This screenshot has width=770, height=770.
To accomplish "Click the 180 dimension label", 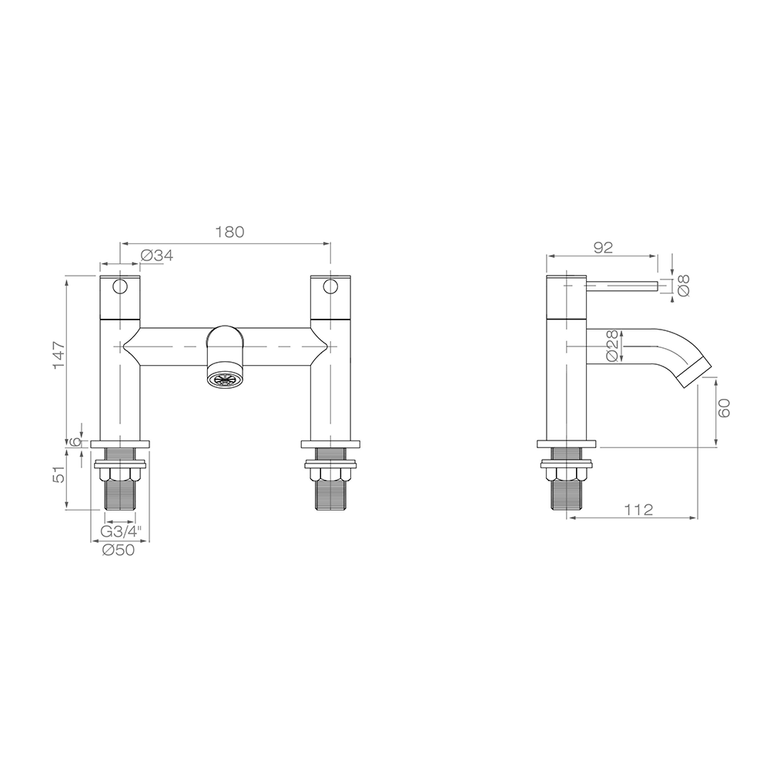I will [229, 233].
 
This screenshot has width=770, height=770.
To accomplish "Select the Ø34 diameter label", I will [157, 256].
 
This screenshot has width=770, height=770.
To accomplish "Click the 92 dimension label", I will [603, 247].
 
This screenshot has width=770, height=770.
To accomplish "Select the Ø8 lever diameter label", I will [683, 286].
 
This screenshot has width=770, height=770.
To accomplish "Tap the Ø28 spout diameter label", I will [612, 346].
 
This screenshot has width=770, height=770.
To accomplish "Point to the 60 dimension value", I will [725, 407].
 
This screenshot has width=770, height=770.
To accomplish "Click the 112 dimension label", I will [638, 509].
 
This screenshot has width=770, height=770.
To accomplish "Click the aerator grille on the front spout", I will [225, 378].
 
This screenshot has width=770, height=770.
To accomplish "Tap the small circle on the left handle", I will [119, 288].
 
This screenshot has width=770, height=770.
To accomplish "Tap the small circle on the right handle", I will [331, 288].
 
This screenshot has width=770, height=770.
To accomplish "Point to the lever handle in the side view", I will [622, 287].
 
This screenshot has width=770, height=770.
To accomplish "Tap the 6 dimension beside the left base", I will [75, 443].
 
